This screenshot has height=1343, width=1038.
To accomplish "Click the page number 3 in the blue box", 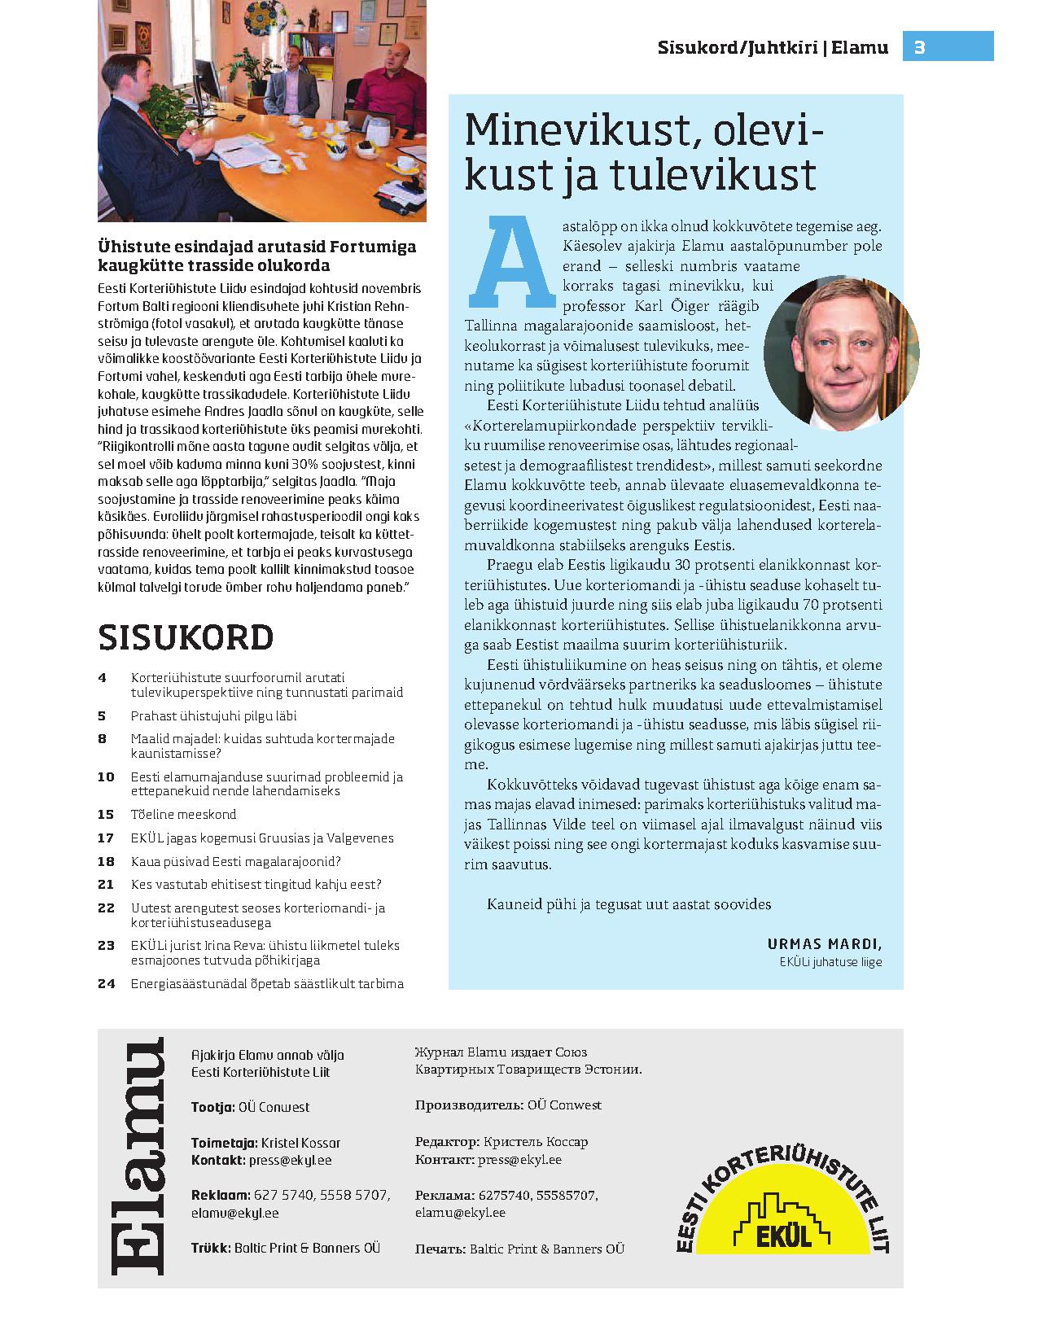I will pyautogui.click(x=920, y=47).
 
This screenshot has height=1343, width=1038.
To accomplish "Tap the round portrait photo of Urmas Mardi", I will pyautogui.click(x=840, y=352).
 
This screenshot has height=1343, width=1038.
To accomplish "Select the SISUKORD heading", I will pyautogui.click(x=186, y=637).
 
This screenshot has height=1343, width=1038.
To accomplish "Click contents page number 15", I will pyautogui.click(x=106, y=815).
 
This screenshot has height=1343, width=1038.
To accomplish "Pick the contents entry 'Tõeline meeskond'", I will pyautogui.click(x=183, y=815).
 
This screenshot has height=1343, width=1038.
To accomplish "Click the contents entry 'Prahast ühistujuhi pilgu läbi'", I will pyautogui.click(x=213, y=716).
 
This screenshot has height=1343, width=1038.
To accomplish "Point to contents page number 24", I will pyautogui.click(x=106, y=983).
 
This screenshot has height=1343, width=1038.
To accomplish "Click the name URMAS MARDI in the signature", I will pyautogui.click(x=824, y=944).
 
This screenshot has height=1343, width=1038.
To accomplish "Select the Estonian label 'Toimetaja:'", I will pyautogui.click(x=224, y=1143).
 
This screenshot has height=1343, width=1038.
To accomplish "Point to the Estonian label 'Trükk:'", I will pyautogui.click(x=211, y=1248).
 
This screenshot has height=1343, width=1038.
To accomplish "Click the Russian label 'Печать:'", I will pyautogui.click(x=440, y=1249).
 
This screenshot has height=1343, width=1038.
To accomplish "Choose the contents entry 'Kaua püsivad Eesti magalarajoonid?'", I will pyautogui.click(x=235, y=861).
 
